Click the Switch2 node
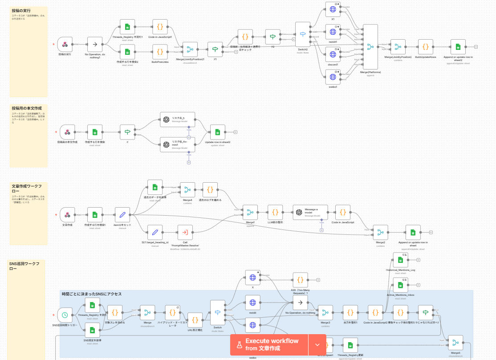[x=303, y=34]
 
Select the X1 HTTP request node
[x=333, y=9]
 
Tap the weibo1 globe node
[x=333, y=77]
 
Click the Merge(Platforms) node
[x=370, y=46]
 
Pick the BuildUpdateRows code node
[x=425, y=46]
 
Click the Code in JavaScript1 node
[x=160, y=26]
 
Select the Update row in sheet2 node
[x=217, y=132]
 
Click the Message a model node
[x=310, y=212]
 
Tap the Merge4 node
[x=187, y=190]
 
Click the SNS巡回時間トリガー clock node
[x=65, y=315]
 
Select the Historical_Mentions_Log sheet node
[x=400, y=259]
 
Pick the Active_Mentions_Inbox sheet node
[x=400, y=285]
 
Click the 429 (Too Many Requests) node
[x=300, y=280]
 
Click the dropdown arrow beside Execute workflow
[x=317, y=344]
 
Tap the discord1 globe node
[x=333, y=54]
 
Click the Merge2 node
[x=380, y=232]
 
